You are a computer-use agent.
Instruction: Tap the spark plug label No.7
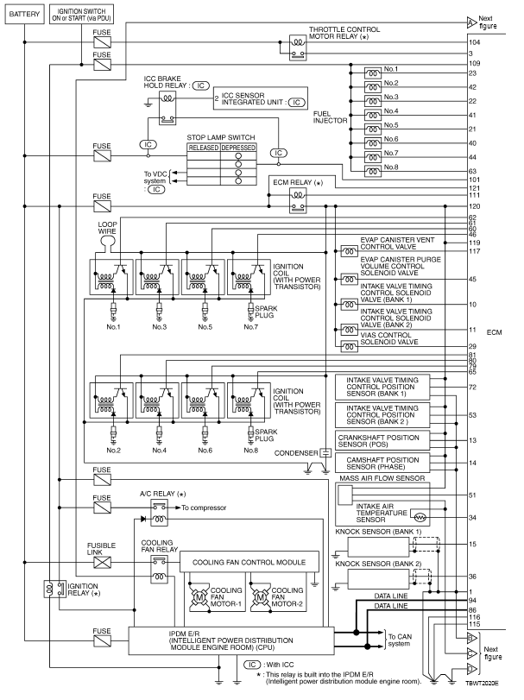coord(250,327)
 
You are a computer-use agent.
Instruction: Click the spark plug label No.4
coord(159,450)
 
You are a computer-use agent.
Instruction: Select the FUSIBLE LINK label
coord(101,548)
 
